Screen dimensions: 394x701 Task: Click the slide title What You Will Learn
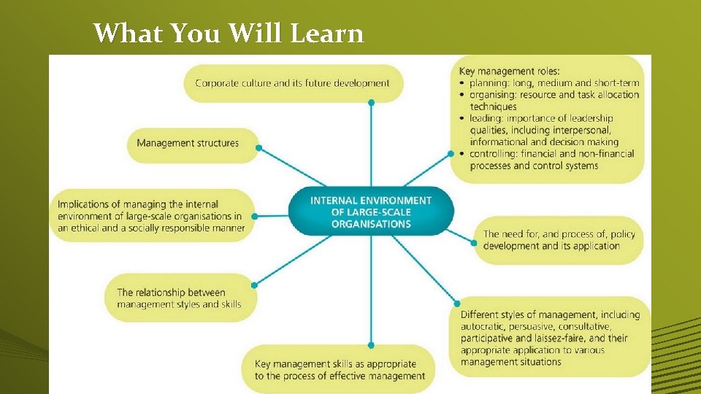click(229, 33)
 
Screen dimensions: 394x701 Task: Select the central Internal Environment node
click(371, 212)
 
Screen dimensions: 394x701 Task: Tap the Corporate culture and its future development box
click(293, 83)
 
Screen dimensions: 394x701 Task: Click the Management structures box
click(188, 143)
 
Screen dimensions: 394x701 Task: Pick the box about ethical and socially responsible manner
click(150, 216)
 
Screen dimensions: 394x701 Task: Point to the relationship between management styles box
click(179, 298)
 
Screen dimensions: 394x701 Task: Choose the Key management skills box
click(340, 370)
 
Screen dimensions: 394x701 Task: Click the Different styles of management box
click(549, 338)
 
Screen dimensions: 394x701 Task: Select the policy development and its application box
click(559, 240)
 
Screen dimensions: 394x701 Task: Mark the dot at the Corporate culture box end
click(371, 103)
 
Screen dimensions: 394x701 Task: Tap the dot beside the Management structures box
click(258, 147)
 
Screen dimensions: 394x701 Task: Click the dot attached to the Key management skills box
click(371, 344)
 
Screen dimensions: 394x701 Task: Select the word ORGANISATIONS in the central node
click(371, 224)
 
